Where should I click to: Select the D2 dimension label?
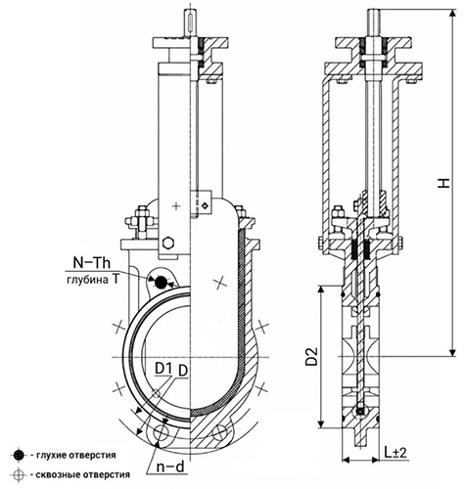(x=311, y=357)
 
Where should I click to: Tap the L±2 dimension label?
(x=395, y=453)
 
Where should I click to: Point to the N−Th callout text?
(x=92, y=263)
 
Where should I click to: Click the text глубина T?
(x=88, y=280)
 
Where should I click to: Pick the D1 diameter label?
(x=163, y=369)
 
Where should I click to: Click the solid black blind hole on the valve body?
(x=161, y=282)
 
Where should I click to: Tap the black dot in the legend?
(x=19, y=455)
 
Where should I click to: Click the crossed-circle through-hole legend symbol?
(x=19, y=474)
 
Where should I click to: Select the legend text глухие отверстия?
(x=75, y=455)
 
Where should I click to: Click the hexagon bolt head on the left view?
(x=168, y=243)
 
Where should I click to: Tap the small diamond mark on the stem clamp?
(x=205, y=205)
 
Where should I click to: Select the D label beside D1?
(x=183, y=371)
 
